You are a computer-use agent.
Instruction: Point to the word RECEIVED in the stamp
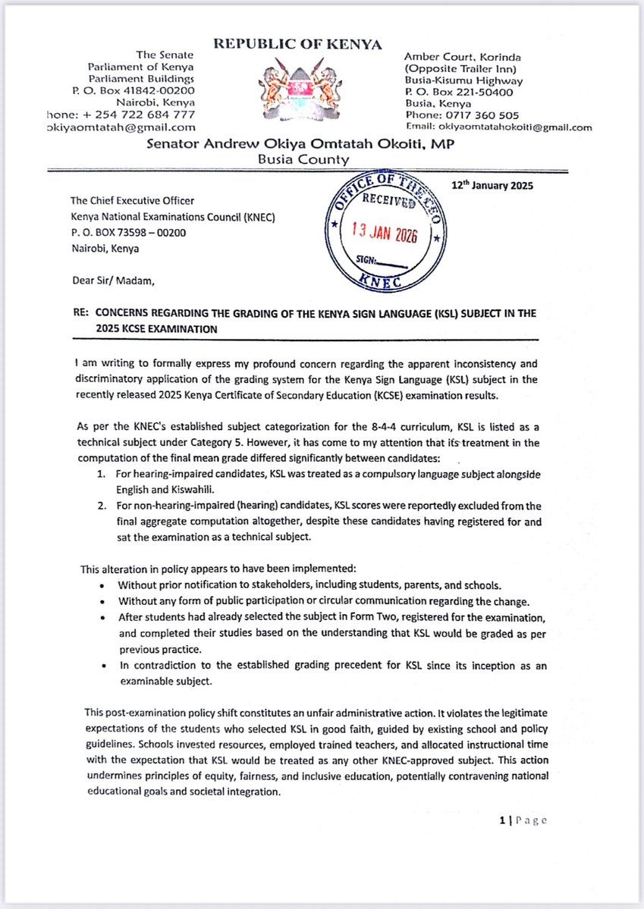(388, 202)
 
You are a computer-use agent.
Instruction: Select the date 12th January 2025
(492, 185)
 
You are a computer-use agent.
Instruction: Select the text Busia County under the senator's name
(303, 159)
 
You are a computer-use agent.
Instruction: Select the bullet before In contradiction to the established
(102, 665)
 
